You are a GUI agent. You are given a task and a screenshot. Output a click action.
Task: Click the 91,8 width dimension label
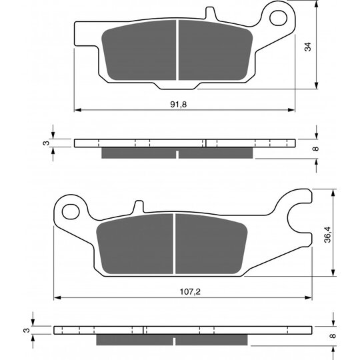[x=179, y=105]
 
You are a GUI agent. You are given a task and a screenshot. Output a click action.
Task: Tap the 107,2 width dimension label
[x=190, y=292]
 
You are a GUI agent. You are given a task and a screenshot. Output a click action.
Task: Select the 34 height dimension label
[x=307, y=47]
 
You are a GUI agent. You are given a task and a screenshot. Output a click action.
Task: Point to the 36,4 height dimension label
[x=327, y=235]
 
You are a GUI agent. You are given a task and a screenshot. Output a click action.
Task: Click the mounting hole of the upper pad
[x=278, y=18]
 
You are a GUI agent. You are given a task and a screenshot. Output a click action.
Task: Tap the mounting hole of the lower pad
[x=71, y=212]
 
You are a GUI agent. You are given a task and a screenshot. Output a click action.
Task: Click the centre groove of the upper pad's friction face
[x=177, y=50]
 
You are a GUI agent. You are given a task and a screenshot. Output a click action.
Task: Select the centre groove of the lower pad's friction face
[x=174, y=243]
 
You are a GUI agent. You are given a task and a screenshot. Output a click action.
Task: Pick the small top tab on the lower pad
[x=139, y=207]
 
